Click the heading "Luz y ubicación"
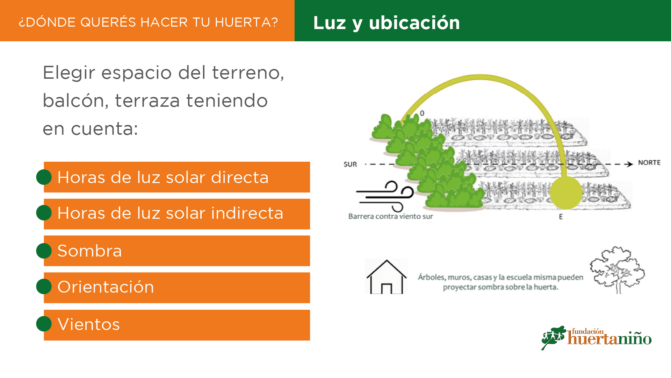click(387, 23)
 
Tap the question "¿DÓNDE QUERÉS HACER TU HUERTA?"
click(149, 22)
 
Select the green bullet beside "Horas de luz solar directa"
click(44, 177)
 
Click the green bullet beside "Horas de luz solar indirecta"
click(44, 213)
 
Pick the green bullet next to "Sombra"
click(44, 251)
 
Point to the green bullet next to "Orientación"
click(44, 286)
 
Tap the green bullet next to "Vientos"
click(44, 324)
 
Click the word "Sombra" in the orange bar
click(90, 251)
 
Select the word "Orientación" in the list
click(106, 287)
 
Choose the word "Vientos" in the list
click(89, 324)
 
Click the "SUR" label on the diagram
click(350, 164)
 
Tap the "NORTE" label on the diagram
click(649, 163)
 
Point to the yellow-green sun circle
click(566, 193)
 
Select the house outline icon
click(387, 276)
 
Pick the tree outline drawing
click(618, 270)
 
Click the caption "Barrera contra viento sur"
click(391, 217)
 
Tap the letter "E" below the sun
click(561, 217)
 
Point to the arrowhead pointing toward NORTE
click(630, 164)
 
